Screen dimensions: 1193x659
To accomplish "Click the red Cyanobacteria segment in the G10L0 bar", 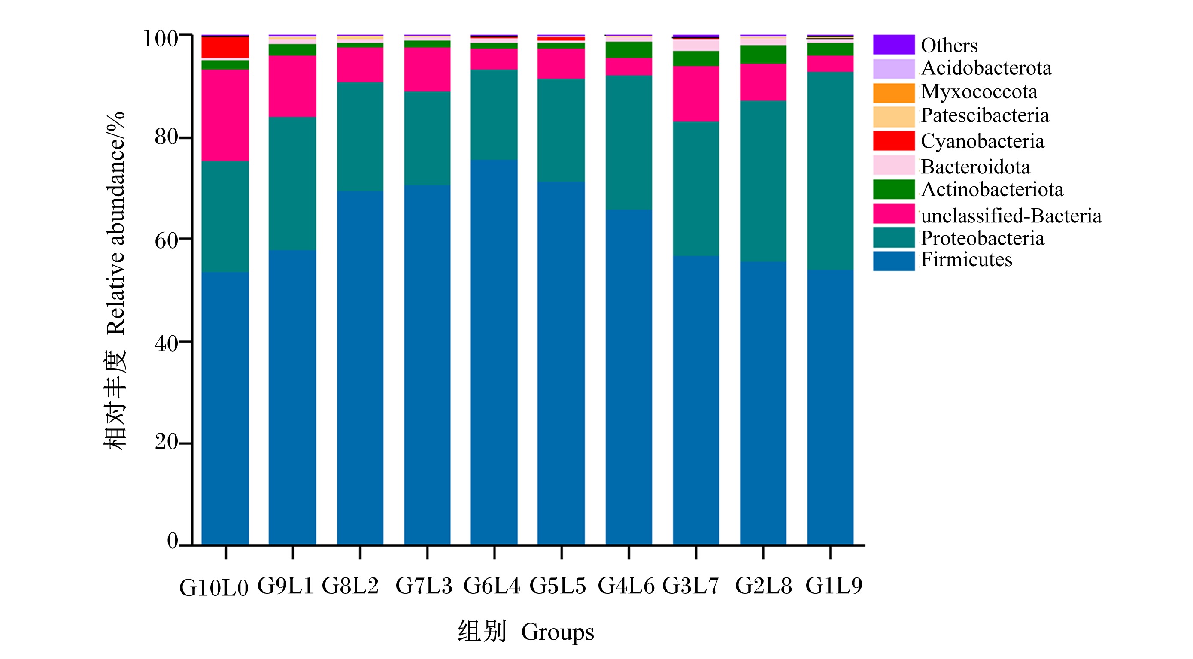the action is (225, 47).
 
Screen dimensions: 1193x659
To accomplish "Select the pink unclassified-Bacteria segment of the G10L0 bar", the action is (225, 115).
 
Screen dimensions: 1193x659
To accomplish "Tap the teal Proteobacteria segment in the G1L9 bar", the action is (830, 171).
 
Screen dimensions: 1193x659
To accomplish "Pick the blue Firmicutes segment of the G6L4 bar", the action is (494, 352).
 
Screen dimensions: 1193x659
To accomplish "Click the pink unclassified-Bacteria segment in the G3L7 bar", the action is (696, 94).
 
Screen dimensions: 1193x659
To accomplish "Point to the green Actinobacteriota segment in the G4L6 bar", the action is (629, 49).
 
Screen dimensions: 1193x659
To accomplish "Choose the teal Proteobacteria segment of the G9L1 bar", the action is (293, 183).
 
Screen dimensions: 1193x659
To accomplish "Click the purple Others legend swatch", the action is (894, 45).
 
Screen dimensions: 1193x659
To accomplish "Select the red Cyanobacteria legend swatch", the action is (894, 141).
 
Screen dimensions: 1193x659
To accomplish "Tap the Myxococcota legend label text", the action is (979, 92).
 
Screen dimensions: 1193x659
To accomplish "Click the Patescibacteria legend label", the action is (985, 115).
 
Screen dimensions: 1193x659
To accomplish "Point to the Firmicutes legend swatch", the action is (894, 261).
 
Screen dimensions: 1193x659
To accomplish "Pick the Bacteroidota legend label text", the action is (975, 167).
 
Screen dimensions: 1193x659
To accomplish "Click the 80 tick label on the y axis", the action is (166, 137).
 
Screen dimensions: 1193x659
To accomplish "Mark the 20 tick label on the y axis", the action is (166, 442).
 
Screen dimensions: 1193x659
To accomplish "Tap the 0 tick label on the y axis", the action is (172, 541).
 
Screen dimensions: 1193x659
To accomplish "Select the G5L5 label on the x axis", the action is (558, 586).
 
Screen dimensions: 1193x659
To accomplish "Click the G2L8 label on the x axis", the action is (763, 586).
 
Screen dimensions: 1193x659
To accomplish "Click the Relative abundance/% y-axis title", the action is (116, 223).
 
